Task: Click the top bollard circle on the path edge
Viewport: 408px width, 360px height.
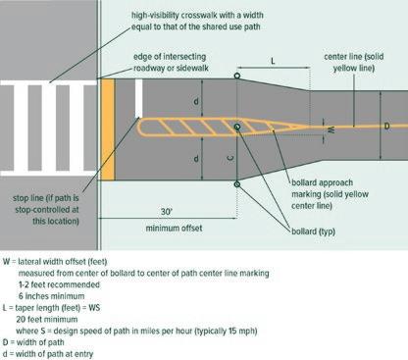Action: click(237, 76)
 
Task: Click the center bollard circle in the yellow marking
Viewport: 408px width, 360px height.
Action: click(237, 127)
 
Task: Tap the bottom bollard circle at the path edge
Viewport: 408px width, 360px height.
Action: click(237, 184)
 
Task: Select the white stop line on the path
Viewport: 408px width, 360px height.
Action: click(138, 98)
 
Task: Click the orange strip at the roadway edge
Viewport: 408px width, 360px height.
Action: click(108, 129)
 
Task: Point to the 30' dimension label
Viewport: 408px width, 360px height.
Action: click(167, 212)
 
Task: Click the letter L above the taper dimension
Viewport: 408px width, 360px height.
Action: click(273, 61)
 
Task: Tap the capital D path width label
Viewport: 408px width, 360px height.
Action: click(386, 126)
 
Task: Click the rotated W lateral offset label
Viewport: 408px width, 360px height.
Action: click(331, 130)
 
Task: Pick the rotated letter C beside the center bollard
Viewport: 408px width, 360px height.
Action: click(230, 158)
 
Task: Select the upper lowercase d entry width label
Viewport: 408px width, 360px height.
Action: click(196, 101)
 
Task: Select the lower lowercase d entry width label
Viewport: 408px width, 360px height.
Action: click(196, 159)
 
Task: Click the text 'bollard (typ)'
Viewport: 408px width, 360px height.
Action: click(313, 231)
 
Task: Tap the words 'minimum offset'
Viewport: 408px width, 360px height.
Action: click(174, 228)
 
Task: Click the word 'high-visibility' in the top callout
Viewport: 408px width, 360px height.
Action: click(155, 16)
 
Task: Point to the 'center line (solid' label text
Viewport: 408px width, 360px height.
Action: click(354, 57)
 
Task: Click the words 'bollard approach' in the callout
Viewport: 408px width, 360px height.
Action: click(322, 182)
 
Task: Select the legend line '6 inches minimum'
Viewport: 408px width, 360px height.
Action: click(51, 296)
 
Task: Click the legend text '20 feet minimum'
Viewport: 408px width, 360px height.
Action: click(47, 320)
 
